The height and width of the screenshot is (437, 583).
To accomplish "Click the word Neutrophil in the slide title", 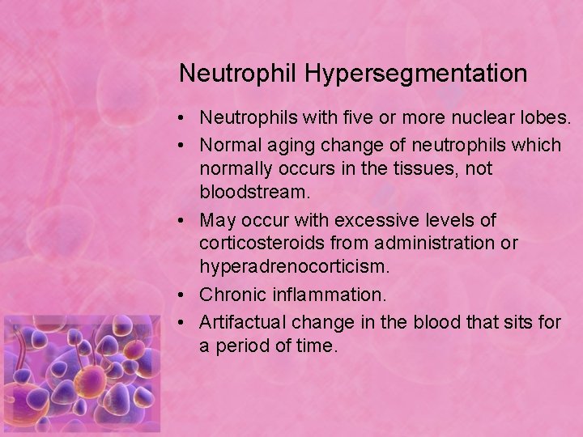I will pyautogui.click(x=239, y=74).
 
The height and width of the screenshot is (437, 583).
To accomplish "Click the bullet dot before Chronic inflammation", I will pyautogui.click(x=185, y=294).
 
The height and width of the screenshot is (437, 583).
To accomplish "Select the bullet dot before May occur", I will pyautogui.click(x=185, y=220).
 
